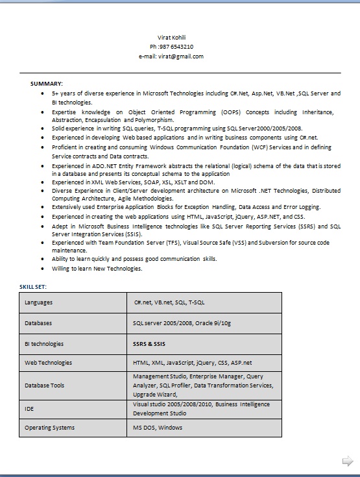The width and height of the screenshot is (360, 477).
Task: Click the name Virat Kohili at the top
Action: [171, 38]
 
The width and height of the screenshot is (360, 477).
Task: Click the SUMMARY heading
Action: [47, 84]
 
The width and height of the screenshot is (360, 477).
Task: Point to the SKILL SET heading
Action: [33, 286]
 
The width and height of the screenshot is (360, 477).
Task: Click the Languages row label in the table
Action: [39, 302]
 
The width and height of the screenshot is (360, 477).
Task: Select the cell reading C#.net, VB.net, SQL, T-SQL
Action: [169, 302]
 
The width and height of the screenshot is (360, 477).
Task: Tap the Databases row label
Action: [38, 323]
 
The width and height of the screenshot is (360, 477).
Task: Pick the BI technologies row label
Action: [44, 344]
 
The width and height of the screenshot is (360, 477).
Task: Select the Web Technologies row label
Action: [48, 363]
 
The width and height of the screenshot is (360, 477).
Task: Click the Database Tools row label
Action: [45, 385]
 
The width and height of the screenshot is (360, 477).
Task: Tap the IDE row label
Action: [29, 409]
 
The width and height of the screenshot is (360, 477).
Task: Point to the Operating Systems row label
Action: [49, 428]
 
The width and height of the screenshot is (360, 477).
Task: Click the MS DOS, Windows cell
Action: [158, 428]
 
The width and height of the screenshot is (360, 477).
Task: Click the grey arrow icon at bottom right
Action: [347, 461]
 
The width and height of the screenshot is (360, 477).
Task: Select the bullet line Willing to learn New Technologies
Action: [97, 268]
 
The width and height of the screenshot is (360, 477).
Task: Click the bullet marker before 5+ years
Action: [42, 93]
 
